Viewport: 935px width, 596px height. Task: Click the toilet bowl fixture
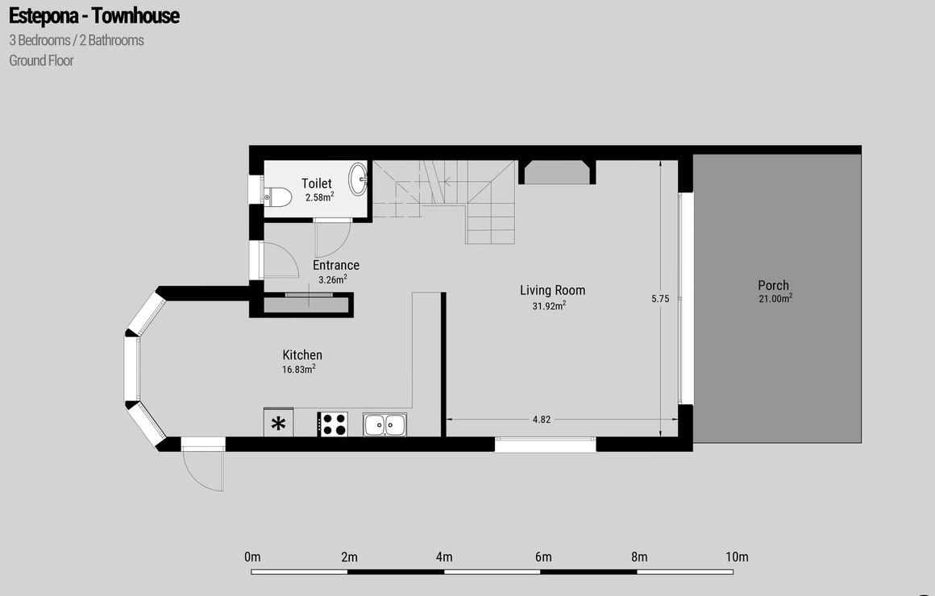[x=278, y=196]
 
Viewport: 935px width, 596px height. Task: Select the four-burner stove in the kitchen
[x=332, y=424]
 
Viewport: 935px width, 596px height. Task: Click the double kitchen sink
[x=384, y=424]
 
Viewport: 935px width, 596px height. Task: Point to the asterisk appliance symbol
[x=278, y=424]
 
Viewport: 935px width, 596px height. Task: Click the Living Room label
[x=553, y=290]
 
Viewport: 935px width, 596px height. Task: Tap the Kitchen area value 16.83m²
[x=299, y=369]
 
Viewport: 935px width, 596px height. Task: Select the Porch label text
[x=774, y=285]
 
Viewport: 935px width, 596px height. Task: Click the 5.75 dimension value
[x=660, y=299]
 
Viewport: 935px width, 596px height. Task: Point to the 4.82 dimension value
[x=542, y=420]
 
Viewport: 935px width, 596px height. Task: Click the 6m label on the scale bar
[x=543, y=557]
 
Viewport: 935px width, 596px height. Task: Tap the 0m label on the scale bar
[x=252, y=557]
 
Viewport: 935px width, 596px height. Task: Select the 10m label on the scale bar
[x=737, y=557]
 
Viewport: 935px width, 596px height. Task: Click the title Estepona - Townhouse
[x=94, y=15]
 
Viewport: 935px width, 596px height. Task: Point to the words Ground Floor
[x=41, y=60]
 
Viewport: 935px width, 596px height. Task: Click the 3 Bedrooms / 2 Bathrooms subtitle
[x=77, y=40]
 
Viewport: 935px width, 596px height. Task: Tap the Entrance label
[x=336, y=265]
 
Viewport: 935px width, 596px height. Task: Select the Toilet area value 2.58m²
[x=320, y=197]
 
